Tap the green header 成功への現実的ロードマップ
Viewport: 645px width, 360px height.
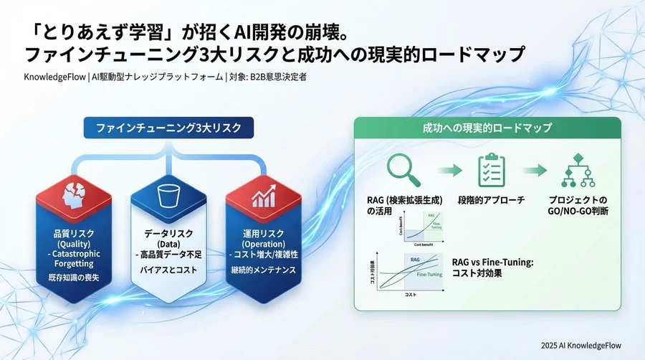(487, 128)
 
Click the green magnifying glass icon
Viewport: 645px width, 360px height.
(398, 170)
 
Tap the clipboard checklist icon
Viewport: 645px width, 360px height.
(492, 170)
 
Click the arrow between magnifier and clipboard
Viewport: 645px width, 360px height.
(446, 171)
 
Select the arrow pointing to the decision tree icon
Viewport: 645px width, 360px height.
(538, 171)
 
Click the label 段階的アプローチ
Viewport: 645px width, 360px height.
(492, 200)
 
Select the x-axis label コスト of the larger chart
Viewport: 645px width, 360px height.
(410, 295)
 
